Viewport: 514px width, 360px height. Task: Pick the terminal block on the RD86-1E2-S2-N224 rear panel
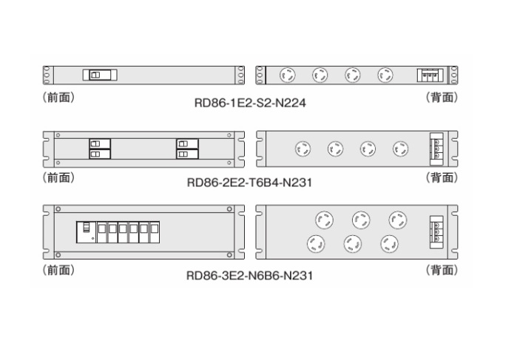click(x=429, y=75)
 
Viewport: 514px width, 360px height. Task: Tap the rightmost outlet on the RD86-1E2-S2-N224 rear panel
click(x=385, y=75)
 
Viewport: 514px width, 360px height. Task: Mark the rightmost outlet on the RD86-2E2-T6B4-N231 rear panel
click(x=400, y=149)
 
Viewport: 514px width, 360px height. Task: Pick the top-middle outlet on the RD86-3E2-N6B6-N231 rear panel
click(x=360, y=219)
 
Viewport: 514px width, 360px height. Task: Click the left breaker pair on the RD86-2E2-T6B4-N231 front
click(x=100, y=149)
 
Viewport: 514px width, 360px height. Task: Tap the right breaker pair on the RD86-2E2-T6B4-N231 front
click(x=186, y=149)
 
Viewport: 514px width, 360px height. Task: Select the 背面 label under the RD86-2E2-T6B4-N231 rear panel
click(x=442, y=177)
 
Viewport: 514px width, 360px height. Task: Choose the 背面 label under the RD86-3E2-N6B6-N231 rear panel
click(x=442, y=271)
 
